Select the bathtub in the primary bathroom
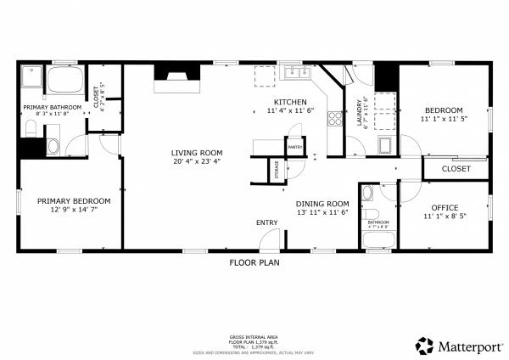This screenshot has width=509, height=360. [65, 83]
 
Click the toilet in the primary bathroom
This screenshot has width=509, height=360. [31, 129]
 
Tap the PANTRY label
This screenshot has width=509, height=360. [295, 147]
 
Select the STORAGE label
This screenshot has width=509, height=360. [276, 169]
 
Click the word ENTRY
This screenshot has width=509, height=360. [266, 222]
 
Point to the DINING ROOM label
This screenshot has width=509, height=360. [322, 204]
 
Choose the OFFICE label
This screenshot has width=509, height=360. [445, 207]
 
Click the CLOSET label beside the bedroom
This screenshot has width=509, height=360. [456, 169]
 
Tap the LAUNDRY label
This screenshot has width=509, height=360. [359, 118]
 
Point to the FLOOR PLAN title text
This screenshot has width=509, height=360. [255, 262]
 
